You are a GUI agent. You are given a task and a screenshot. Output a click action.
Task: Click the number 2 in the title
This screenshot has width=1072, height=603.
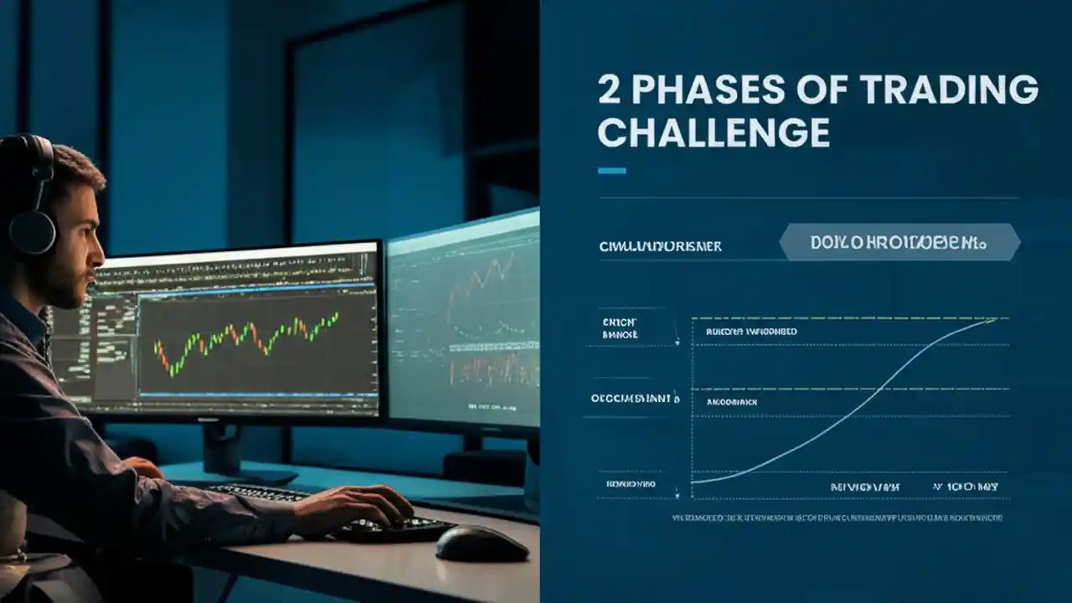609,90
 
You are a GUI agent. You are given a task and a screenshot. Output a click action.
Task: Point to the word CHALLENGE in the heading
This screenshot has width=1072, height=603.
714,133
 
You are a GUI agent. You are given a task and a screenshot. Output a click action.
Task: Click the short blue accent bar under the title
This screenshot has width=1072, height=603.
612,171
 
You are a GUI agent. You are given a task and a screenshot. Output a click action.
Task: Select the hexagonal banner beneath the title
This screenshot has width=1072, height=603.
899,243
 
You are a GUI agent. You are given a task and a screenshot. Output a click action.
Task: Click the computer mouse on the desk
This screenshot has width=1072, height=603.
482,544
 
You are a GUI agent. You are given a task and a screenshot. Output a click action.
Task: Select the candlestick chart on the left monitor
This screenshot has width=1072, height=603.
247,339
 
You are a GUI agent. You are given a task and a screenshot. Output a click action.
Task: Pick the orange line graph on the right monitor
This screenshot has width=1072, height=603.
482,285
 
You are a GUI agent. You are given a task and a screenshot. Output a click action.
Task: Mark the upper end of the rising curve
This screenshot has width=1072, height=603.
995,319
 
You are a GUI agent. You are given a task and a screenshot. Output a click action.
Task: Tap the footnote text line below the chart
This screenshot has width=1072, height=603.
837,518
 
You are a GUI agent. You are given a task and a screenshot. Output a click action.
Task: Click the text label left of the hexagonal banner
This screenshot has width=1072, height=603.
660,246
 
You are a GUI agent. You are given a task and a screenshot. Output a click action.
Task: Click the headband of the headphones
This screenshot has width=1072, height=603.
25,155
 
